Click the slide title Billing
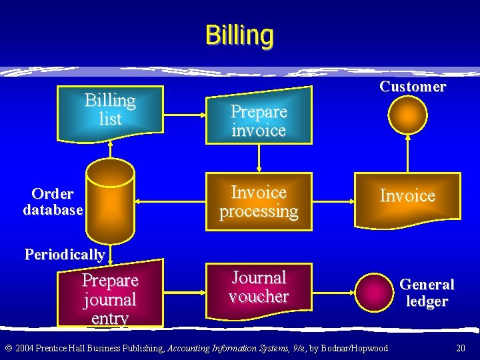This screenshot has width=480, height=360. click(x=239, y=35)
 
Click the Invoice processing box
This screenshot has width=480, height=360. click(x=259, y=202)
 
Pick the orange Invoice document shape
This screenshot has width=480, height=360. click(x=407, y=198)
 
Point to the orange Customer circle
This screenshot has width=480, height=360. click(x=407, y=117)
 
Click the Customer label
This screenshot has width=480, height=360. click(x=413, y=87)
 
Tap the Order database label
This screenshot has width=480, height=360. click(x=53, y=202)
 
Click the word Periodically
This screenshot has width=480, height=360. click(x=65, y=254)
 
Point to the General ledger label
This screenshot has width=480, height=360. click(x=427, y=293)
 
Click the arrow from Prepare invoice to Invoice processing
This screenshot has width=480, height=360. click(x=259, y=159)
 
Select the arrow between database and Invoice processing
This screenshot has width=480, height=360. click(x=171, y=201)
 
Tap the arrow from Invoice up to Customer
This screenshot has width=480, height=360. click(x=407, y=155)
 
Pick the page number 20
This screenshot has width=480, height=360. click(x=460, y=348)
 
